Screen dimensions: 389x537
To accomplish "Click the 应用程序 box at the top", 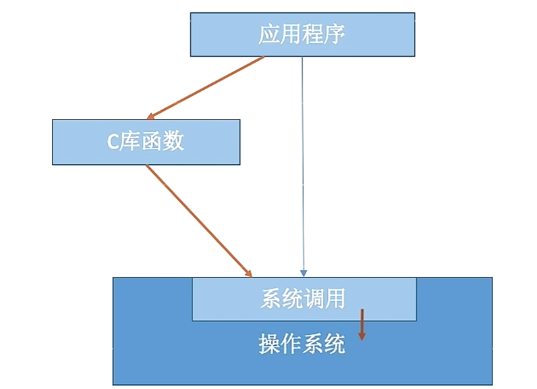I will (302, 35).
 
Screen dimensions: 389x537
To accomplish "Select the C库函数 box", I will (146, 142).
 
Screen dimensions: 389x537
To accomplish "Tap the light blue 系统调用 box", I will (304, 299).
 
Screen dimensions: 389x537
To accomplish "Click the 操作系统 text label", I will (302, 344).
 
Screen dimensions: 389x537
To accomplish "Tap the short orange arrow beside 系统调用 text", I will (362, 324).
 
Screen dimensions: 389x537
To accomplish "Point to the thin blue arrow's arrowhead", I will (303, 273).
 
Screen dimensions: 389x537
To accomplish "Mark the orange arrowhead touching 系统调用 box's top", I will (248, 273).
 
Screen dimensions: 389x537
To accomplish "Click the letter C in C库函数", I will (113, 142).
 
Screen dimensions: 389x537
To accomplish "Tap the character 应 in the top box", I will (269, 34).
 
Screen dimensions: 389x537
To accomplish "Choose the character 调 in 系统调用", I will (313, 299).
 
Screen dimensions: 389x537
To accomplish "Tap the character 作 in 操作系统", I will (291, 344).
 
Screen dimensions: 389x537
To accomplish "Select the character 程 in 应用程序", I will (313, 34).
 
